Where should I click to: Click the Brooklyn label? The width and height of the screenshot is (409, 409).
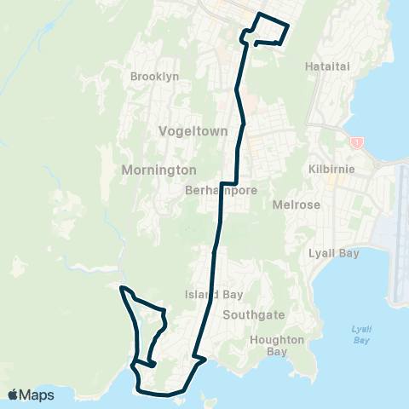pyautogui.click(x=154, y=77)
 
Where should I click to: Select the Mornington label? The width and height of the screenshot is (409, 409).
pyautogui.click(x=159, y=170)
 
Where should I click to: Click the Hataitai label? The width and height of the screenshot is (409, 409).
pyautogui.click(x=325, y=66)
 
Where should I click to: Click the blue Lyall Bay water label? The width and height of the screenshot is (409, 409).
pyautogui.click(x=361, y=334)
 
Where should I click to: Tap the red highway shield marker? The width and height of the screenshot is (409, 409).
pyautogui.click(x=357, y=141)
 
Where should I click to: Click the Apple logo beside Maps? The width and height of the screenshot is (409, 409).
pyautogui.click(x=14, y=395)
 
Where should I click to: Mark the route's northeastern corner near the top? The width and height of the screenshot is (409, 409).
pyautogui.click(x=288, y=26)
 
